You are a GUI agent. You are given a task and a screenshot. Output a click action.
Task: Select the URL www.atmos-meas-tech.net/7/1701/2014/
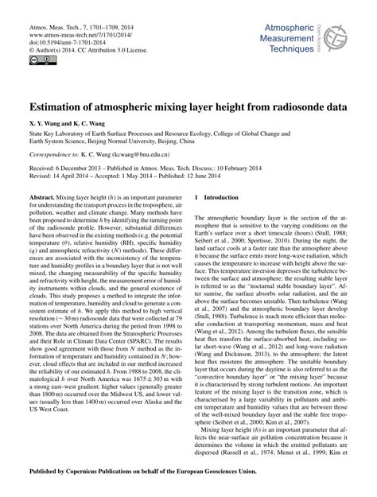(x=76, y=33)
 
